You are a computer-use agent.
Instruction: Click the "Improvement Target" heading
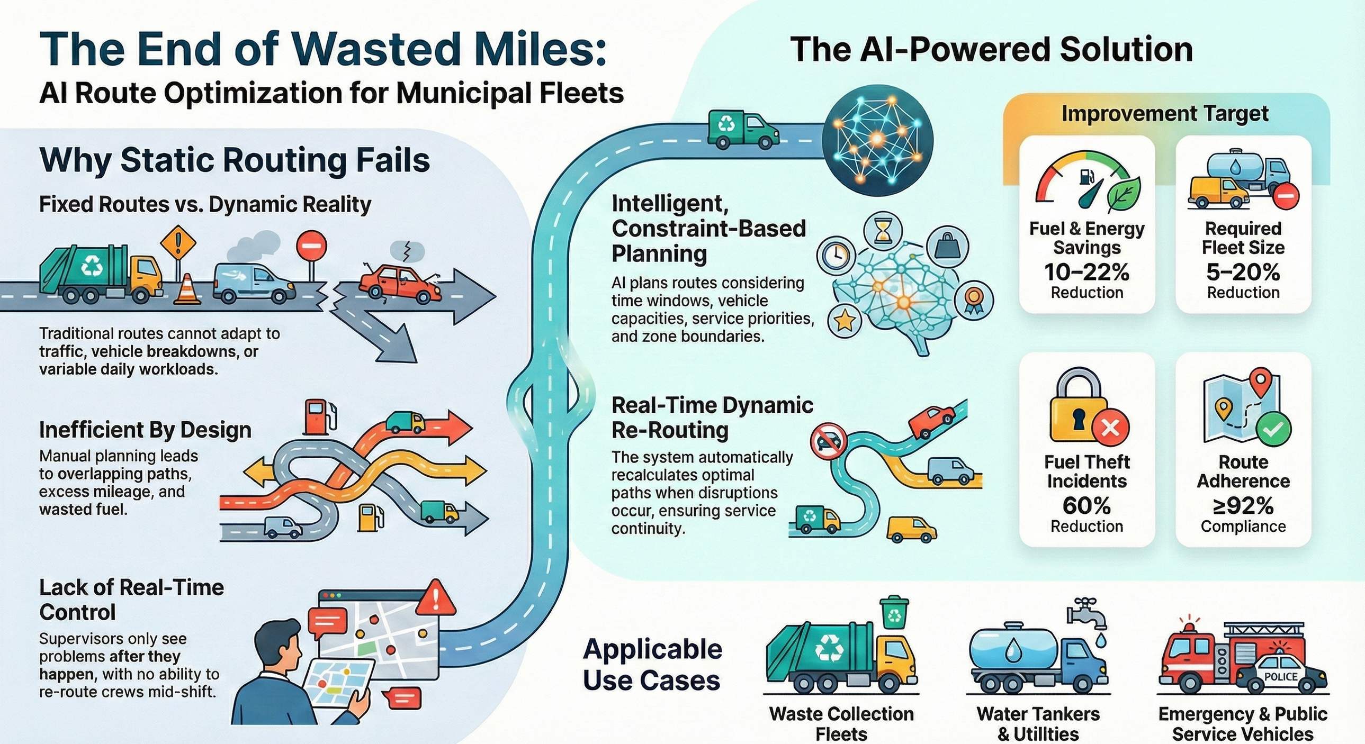point(1165,114)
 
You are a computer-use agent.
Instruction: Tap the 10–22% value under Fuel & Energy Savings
point(1087,272)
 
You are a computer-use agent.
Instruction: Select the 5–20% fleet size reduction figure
point(1243,272)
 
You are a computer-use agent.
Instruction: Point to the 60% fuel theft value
point(1087,506)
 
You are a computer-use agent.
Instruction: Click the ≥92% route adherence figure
point(1243,506)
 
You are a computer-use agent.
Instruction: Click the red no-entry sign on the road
point(312,247)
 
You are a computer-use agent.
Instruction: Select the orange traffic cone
point(187,290)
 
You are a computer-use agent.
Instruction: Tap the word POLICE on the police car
point(1281,677)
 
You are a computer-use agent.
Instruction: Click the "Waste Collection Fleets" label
point(841,723)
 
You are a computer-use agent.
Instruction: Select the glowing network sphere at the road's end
point(877,139)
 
